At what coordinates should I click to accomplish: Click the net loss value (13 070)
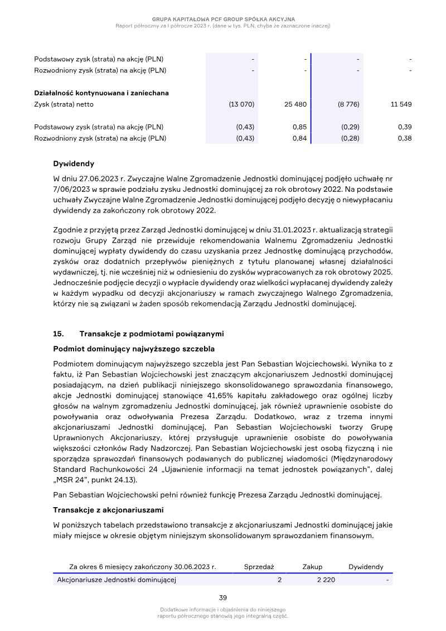pyautogui.click(x=241, y=104)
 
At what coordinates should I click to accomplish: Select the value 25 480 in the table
pyautogui.click(x=295, y=104)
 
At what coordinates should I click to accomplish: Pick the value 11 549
pyautogui.click(x=401, y=104)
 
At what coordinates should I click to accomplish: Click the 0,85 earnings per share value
pyautogui.click(x=299, y=127)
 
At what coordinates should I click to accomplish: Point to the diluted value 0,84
pyautogui.click(x=299, y=138)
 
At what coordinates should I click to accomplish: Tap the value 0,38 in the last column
pyautogui.click(x=405, y=138)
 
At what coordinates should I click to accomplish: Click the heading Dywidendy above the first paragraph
pyautogui.click(x=74, y=164)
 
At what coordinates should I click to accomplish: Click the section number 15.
pyautogui.click(x=59, y=334)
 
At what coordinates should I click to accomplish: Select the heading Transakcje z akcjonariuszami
pyautogui.click(x=109, y=509)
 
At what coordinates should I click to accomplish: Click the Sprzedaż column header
pyautogui.click(x=259, y=567)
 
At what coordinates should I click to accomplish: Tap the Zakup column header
pyautogui.click(x=312, y=567)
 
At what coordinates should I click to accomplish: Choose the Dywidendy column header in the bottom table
pyautogui.click(x=366, y=567)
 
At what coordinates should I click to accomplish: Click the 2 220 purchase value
pyautogui.click(x=326, y=580)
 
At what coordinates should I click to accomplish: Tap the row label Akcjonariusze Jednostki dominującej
pyautogui.click(x=117, y=580)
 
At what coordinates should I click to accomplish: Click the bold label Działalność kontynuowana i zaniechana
pyautogui.click(x=101, y=93)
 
